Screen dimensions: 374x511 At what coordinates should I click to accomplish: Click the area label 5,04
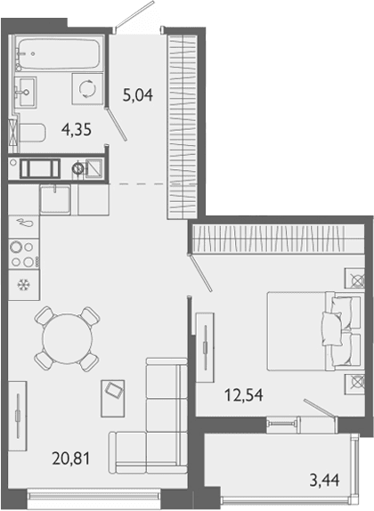pos(138,95)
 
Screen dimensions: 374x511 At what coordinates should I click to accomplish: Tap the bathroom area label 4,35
pos(77,130)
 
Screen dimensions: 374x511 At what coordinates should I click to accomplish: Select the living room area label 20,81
pos(70,458)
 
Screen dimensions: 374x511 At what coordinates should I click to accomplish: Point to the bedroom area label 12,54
pos(244,395)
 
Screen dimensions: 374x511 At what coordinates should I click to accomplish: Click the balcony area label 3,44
pos(324,480)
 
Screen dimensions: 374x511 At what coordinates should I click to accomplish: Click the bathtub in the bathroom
pos(59,54)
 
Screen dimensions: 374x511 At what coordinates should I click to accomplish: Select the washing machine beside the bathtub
pos(88,89)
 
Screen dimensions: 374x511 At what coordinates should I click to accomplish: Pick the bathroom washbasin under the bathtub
pos(26,92)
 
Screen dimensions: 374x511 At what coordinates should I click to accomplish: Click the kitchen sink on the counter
pos(55,199)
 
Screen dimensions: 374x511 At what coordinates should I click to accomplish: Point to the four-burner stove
pos(24,255)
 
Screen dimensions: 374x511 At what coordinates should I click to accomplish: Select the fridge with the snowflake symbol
pos(24,285)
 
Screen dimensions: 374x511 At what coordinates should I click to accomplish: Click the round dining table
pos(68,339)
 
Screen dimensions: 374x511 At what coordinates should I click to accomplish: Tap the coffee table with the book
pos(113,398)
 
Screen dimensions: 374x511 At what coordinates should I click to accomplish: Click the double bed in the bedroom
pos(314,331)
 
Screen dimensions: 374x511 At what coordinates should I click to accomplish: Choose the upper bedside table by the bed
pos(354,278)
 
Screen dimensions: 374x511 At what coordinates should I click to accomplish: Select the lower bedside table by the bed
pos(354,384)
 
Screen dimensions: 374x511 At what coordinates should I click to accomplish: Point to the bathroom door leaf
pos(117,124)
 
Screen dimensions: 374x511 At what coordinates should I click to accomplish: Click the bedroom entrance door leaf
pos(200,272)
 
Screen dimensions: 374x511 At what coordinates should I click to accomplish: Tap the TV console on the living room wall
pos(18,416)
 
